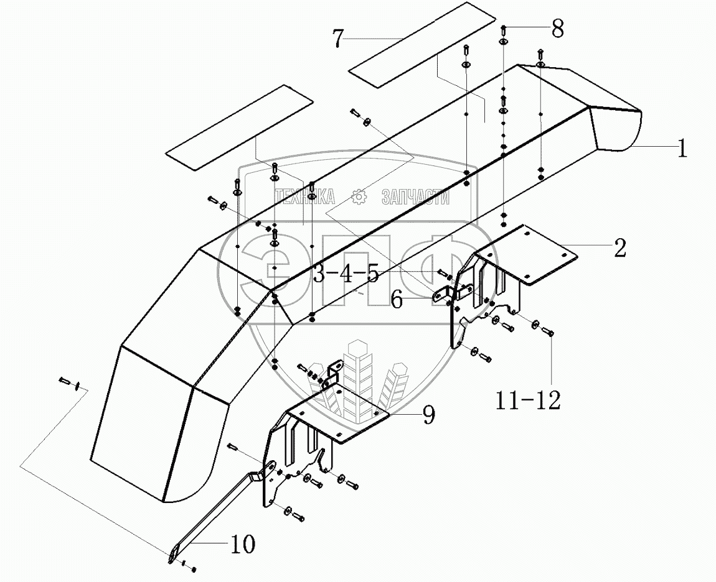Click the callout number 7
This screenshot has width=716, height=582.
(x=338, y=38)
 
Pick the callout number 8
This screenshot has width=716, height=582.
(x=557, y=28)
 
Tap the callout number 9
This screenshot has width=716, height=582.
(x=428, y=415)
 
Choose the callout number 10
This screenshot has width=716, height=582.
(x=242, y=545)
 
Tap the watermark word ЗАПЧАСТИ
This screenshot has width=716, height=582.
(x=415, y=197)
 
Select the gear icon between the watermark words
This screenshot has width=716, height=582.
(x=359, y=197)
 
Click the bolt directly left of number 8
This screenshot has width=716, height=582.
(x=504, y=29)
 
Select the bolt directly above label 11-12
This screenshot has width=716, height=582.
(x=550, y=333)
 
